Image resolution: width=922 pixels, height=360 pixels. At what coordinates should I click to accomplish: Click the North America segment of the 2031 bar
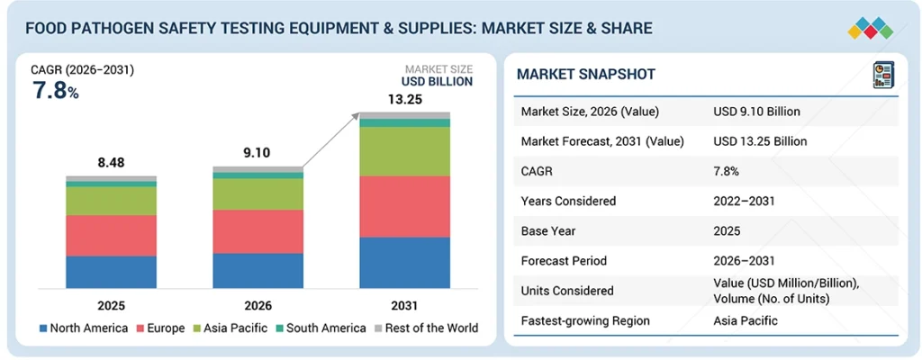(x=404, y=262)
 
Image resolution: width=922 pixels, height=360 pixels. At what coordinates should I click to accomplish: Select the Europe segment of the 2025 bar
(x=111, y=235)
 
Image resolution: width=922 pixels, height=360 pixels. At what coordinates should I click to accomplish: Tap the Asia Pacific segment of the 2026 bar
(x=258, y=193)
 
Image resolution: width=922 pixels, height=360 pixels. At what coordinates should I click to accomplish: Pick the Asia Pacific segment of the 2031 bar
(x=404, y=151)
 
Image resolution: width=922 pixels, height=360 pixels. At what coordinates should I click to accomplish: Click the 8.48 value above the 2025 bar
(x=112, y=162)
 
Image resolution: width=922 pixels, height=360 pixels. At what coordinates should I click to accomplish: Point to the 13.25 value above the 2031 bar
(x=404, y=99)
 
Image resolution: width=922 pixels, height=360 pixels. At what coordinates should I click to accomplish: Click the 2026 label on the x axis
(x=258, y=305)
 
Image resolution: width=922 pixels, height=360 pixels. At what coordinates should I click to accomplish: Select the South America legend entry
(x=326, y=328)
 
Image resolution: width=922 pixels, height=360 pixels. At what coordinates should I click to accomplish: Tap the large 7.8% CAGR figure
(x=55, y=91)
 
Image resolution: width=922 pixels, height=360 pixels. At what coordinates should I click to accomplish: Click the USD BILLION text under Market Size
(x=438, y=82)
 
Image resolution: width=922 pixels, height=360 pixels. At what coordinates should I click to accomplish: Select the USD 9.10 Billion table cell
(x=756, y=112)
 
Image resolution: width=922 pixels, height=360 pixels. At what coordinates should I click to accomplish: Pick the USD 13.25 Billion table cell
(x=760, y=141)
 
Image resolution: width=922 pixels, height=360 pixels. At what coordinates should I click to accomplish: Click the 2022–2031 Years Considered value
(x=743, y=201)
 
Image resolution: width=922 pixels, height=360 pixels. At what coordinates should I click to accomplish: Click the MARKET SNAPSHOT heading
(x=586, y=74)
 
